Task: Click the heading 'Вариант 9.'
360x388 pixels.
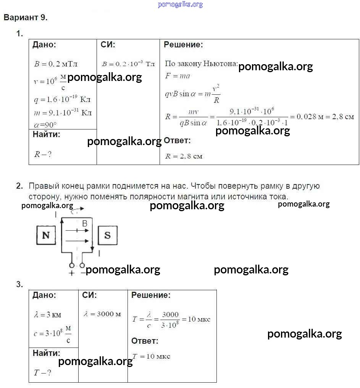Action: (25, 18)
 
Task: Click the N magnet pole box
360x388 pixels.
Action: (46, 235)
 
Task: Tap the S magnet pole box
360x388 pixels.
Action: (107, 235)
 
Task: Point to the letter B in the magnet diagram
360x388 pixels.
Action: (85, 224)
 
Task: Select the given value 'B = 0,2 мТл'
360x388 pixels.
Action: (56, 64)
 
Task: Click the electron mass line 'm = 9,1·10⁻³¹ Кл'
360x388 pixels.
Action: (63, 113)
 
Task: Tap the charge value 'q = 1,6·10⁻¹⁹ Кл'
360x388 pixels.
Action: (62, 100)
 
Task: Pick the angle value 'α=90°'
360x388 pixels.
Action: (45, 124)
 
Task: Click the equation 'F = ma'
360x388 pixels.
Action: (178, 76)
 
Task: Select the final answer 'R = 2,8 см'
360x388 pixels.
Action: (184, 156)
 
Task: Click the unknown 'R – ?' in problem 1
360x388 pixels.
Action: (43, 154)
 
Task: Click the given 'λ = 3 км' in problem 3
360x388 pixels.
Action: (47, 315)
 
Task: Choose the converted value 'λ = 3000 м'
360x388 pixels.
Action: (102, 314)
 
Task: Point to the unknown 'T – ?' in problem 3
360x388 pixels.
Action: (42, 373)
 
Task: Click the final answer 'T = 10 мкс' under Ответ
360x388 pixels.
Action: (151, 356)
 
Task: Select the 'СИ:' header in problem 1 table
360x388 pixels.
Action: (108, 45)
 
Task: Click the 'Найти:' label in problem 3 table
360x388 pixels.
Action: (46, 353)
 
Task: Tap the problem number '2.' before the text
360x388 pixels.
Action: (20, 186)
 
